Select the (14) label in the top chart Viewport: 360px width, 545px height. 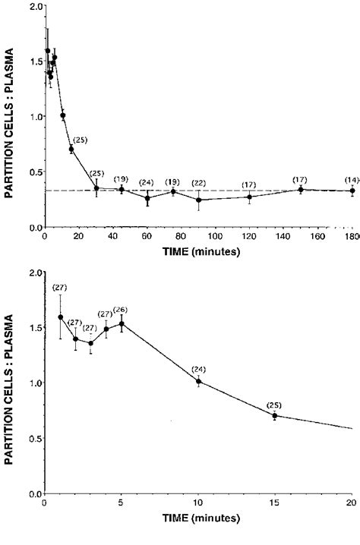(351, 180)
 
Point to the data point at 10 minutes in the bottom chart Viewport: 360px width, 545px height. (199, 382)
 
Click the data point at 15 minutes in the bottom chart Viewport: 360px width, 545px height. (275, 415)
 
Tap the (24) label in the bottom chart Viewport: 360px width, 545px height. (199, 369)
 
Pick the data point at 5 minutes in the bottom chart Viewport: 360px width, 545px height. (122, 323)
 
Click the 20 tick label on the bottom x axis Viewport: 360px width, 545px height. (350, 503)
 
